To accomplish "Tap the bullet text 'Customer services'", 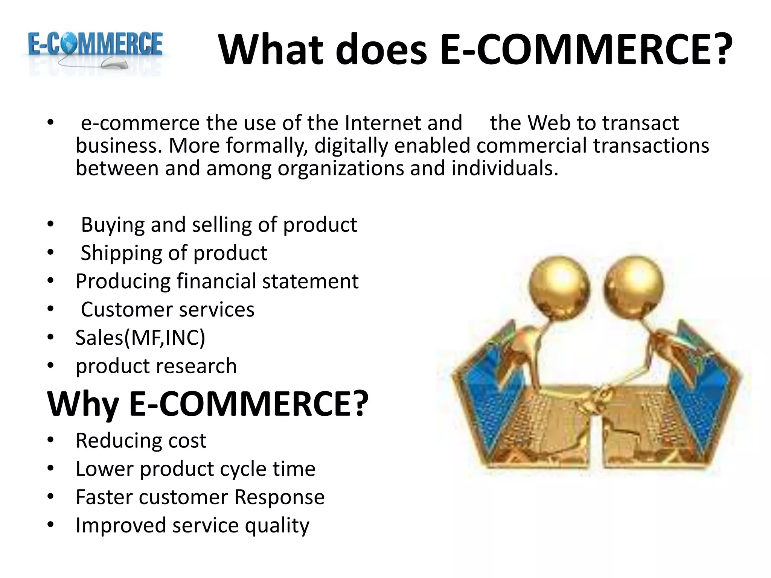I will pyautogui.click(x=168, y=310).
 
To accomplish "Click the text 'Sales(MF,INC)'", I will pyautogui.click(x=140, y=338).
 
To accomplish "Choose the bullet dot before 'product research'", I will pyautogui.click(x=51, y=365).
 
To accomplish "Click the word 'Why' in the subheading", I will pyautogui.click(x=83, y=405).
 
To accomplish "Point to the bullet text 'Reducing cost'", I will pyautogui.click(x=141, y=441).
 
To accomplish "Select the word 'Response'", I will pyautogui.click(x=279, y=497).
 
